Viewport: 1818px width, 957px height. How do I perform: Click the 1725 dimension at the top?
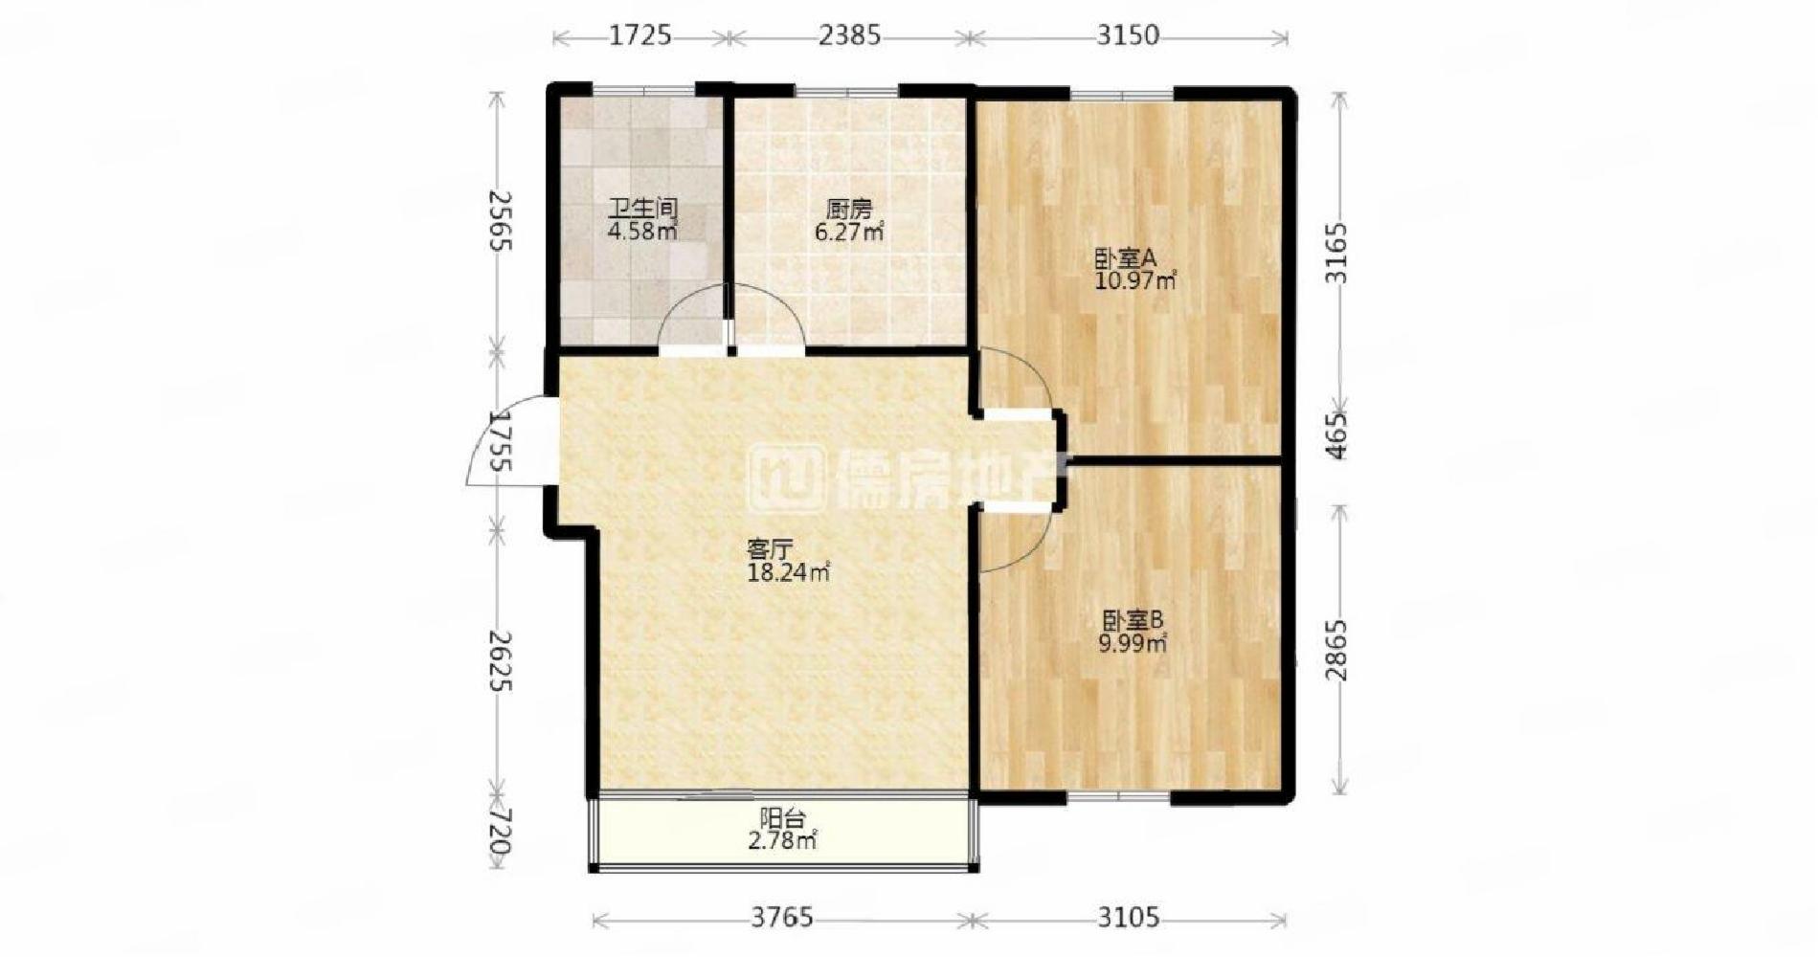pyautogui.click(x=640, y=36)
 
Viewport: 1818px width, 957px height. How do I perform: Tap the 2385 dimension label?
pyautogui.click(x=849, y=36)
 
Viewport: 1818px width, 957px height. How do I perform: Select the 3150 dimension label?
pyautogui.click(x=1127, y=36)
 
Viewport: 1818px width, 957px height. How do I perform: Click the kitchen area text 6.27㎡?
pyautogui.click(x=848, y=231)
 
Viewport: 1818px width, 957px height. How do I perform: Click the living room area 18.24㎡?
pyautogui.click(x=788, y=572)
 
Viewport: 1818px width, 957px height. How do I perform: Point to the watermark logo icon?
pyautogui.click(x=786, y=477)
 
